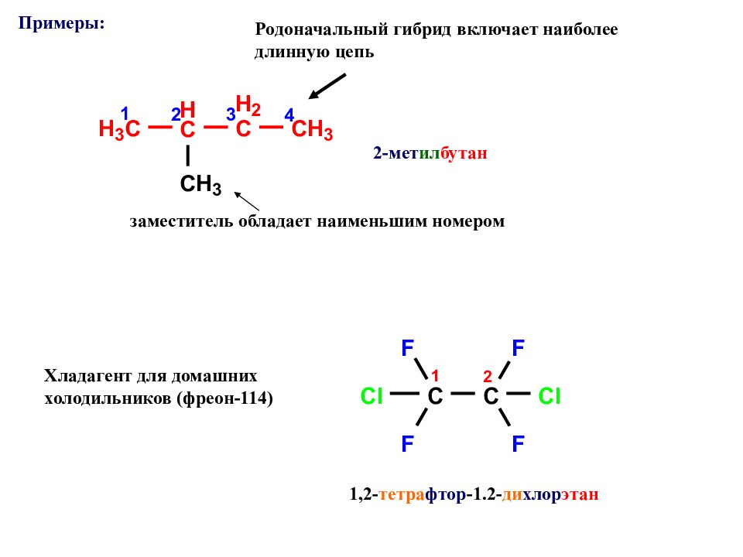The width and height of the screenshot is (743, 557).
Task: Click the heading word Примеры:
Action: [62, 22]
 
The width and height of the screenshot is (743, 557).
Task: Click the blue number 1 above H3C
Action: [125, 114]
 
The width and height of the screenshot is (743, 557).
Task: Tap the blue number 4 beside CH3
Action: [289, 115]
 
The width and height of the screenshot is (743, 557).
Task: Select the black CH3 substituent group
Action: [200, 184]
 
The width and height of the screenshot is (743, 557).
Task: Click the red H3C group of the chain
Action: [119, 129]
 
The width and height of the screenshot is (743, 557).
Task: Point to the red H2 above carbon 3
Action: [248, 105]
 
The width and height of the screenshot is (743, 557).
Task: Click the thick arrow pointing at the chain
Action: [327, 87]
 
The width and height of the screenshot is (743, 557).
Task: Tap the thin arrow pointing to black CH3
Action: [247, 201]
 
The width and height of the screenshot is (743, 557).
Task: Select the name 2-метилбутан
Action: [430, 153]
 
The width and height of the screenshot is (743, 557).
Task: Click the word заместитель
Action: [181, 221]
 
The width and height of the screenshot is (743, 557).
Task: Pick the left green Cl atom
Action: [371, 396]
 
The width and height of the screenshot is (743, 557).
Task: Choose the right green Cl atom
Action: [550, 396]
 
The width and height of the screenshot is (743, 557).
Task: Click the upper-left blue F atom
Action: [408, 348]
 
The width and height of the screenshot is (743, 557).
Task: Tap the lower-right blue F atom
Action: [518, 444]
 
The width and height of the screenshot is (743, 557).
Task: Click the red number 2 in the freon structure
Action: [488, 377]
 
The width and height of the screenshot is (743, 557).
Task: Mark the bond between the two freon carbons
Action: [463, 393]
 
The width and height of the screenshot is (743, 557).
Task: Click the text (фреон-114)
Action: [224, 398]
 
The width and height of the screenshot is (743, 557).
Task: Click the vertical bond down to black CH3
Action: [188, 155]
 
